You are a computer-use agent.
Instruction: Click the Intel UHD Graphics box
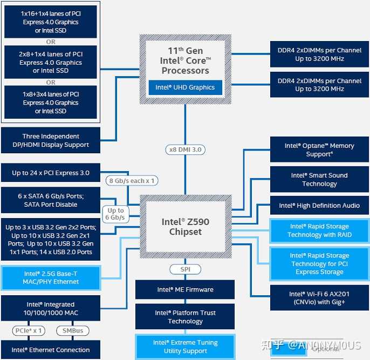pos(185,87)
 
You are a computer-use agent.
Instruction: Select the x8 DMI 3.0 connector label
pos(185,150)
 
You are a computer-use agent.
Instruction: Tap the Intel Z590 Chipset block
pos(185,227)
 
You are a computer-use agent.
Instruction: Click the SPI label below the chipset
pos(185,269)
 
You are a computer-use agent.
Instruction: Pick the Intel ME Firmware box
pos(185,289)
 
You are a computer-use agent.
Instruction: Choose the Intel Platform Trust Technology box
pos(185,317)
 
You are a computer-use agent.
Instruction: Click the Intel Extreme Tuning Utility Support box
pos(185,347)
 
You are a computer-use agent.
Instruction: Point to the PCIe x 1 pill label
pos(28,330)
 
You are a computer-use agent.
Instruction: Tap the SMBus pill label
pos(73,330)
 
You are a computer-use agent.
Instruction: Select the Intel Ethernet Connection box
pos(51,350)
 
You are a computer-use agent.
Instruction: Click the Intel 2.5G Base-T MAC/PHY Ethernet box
pos(51,277)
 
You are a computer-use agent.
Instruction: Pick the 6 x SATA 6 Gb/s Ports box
pos(51,200)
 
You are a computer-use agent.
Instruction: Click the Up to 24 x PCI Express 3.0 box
pos(51,173)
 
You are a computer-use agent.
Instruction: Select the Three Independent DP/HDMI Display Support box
pos(51,140)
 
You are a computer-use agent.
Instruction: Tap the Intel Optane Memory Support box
pos(319,150)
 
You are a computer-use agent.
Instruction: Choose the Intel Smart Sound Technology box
pos(319,179)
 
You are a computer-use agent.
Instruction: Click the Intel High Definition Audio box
pos(319,206)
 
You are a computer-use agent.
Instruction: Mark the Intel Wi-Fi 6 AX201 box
pos(319,298)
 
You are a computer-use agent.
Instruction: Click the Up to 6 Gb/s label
pos(115,214)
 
